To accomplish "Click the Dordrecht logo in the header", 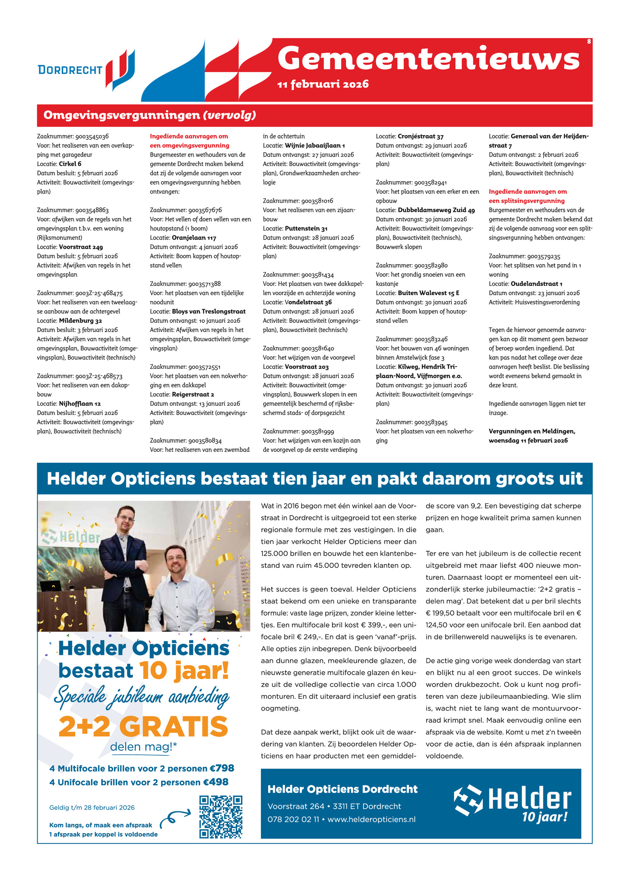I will tap(86, 70).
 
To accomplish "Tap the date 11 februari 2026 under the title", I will tap(323, 84).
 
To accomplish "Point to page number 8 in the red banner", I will tap(589, 42).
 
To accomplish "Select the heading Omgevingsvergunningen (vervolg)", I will tap(150, 115).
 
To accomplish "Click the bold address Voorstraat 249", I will tap(81, 247).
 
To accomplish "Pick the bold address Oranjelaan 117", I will tap(194, 238).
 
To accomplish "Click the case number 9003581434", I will tap(317, 275).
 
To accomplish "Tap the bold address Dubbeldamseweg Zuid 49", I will tap(436, 210).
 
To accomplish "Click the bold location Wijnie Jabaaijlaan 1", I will tap(315, 146).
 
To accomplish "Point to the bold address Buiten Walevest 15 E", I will tap(428, 293).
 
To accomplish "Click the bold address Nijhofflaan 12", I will tap(80, 404).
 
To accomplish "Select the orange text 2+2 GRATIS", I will tap(143, 727).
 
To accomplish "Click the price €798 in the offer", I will tap(222, 768).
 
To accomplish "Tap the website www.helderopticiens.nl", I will tap(371, 819).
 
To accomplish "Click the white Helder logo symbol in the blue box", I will tap(468, 800).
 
